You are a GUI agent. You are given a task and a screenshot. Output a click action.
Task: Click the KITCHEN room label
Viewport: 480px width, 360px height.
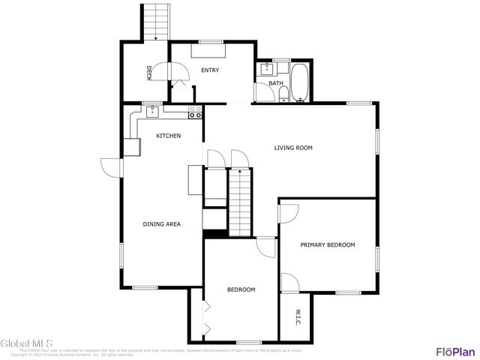[x=168, y=136]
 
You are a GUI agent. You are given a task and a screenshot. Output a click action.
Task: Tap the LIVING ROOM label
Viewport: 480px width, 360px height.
[x=292, y=148]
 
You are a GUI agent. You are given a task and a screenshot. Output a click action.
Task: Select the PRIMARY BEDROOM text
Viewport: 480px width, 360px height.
[x=327, y=245]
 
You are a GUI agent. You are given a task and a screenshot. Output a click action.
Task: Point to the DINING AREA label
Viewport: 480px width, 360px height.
[x=161, y=223]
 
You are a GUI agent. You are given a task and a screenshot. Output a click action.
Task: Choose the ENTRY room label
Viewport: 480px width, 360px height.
[x=209, y=70]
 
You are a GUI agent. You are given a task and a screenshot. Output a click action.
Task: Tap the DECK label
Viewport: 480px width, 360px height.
[x=149, y=73]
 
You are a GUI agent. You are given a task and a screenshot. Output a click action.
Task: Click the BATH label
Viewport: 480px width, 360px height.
[x=276, y=83]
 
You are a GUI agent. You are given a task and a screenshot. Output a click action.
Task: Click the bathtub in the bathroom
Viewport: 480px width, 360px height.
[x=301, y=82]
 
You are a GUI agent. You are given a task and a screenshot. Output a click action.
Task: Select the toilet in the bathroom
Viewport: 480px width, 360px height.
[x=283, y=94]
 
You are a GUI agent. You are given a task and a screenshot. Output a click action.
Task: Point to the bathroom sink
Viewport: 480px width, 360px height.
[x=264, y=69]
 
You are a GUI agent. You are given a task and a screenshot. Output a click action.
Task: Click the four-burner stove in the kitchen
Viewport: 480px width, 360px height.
[x=195, y=112]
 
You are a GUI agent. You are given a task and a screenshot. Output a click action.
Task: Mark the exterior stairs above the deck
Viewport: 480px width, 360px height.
[x=154, y=22]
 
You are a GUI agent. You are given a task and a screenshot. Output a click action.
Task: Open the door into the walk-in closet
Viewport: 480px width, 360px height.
[x=289, y=283]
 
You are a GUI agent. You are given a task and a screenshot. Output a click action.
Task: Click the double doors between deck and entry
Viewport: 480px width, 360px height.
[x=178, y=73]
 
